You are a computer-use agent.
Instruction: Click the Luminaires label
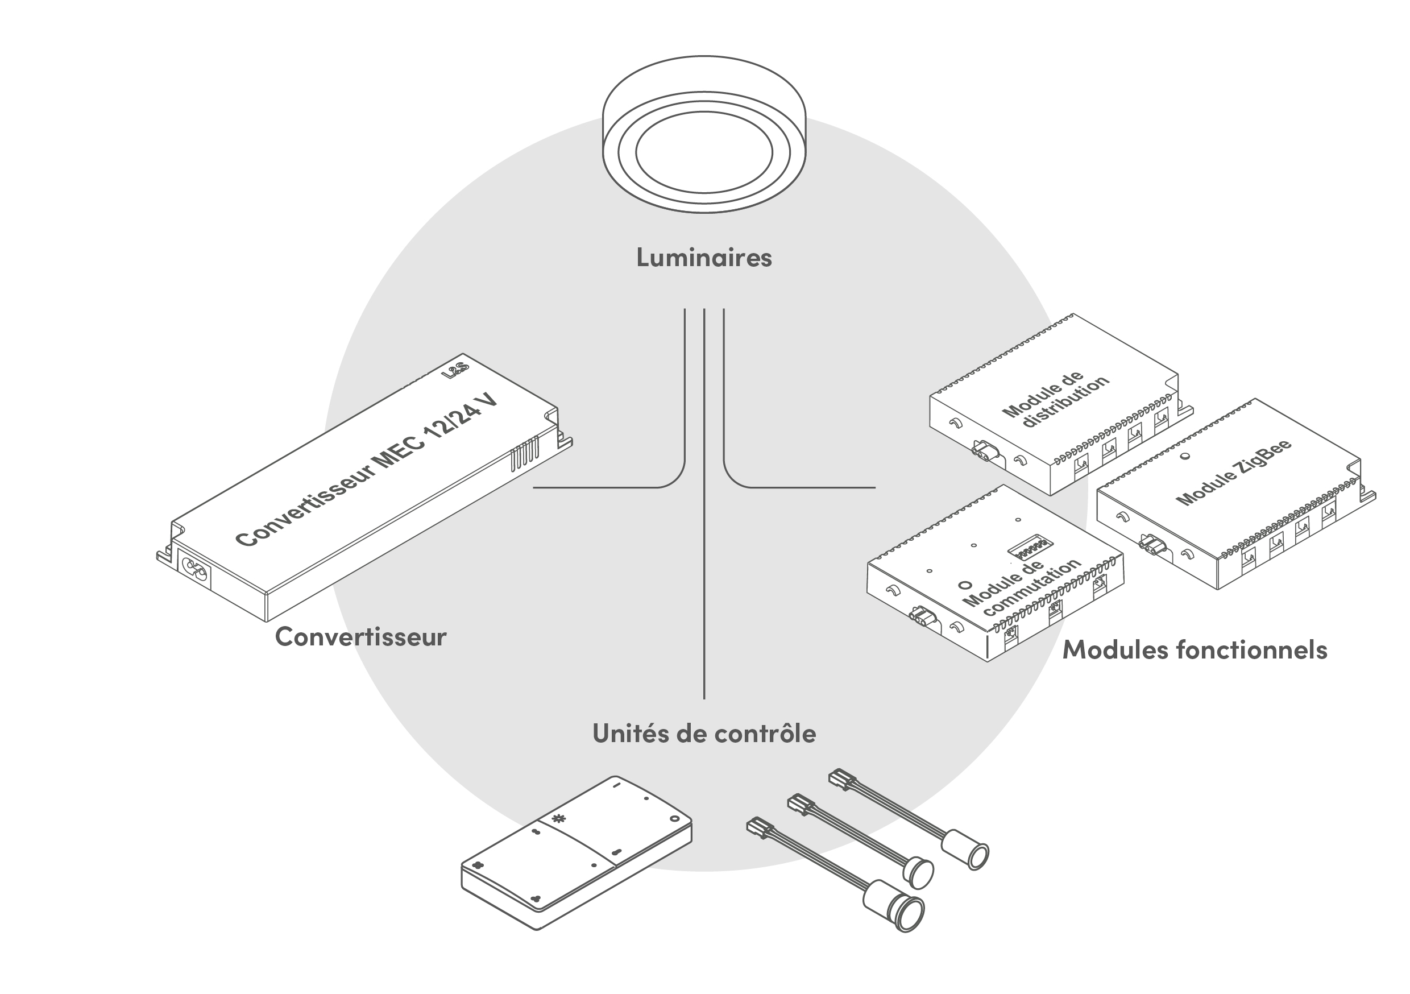click(704, 258)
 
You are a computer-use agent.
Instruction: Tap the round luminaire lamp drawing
click(704, 135)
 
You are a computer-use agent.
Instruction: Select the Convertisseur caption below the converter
click(360, 637)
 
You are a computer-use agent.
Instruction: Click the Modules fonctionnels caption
click(1195, 650)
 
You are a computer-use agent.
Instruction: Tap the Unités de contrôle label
click(704, 734)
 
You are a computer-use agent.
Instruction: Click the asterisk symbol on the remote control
click(558, 818)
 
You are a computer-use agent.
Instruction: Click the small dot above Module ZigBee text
click(1185, 456)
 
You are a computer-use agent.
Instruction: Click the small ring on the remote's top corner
click(674, 819)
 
